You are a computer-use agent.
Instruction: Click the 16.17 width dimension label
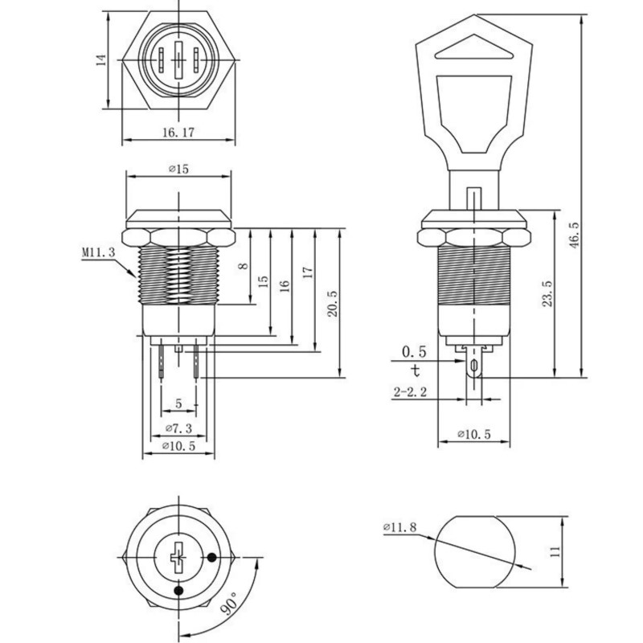click(178, 133)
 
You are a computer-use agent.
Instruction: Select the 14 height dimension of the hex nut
click(101, 59)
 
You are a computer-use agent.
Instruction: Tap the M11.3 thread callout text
click(98, 252)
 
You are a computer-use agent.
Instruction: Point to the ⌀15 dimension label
click(178, 169)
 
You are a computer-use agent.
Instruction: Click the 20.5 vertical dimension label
click(332, 304)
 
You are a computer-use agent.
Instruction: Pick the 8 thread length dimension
click(244, 266)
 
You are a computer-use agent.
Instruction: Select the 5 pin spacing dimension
click(178, 403)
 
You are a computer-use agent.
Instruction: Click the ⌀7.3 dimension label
click(178, 428)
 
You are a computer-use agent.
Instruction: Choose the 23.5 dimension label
click(547, 293)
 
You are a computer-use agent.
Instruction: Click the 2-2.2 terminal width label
click(410, 392)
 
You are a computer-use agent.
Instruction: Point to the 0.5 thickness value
click(414, 351)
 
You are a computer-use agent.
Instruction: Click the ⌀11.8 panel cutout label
click(400, 527)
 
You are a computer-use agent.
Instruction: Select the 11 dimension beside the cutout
click(555, 551)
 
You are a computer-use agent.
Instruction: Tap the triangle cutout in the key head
click(474, 48)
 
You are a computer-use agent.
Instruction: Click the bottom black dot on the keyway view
click(178, 591)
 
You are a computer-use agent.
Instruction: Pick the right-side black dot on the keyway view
click(211, 557)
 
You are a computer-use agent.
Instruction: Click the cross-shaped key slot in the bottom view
click(178, 558)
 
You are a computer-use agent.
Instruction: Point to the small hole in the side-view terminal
click(474, 365)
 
